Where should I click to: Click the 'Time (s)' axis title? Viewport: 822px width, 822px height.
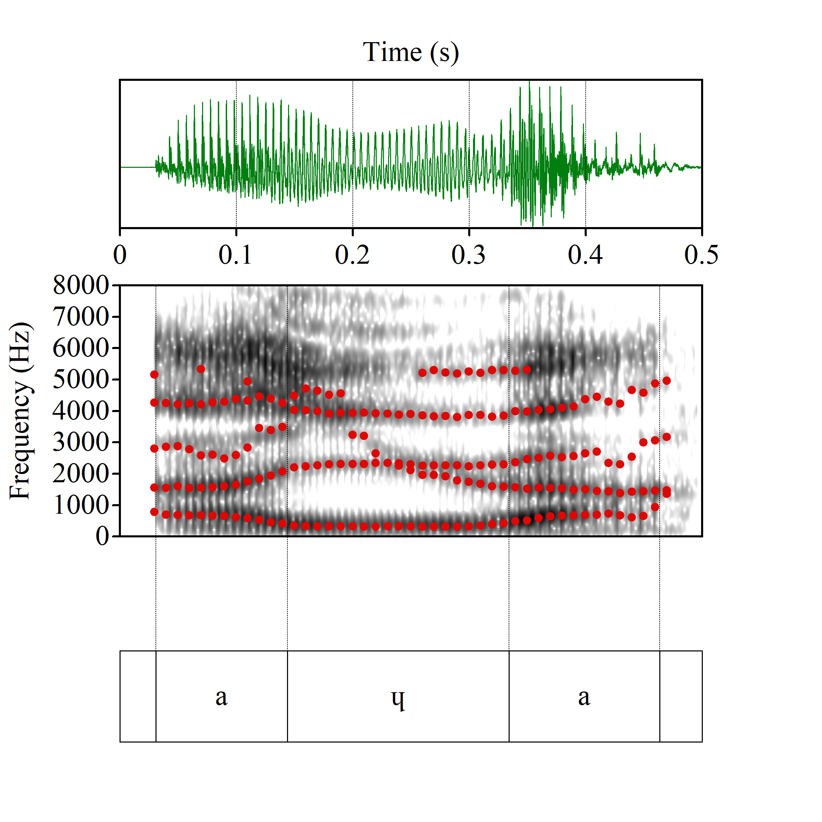[411, 52]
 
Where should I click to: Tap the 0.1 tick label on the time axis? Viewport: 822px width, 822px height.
[235, 255]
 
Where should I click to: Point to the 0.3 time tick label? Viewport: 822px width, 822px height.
[469, 255]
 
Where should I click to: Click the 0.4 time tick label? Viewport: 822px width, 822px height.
[585, 255]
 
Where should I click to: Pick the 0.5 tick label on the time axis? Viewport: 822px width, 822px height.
[701, 255]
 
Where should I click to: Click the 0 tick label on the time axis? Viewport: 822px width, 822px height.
[120, 255]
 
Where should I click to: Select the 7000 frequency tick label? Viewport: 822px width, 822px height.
[81, 316]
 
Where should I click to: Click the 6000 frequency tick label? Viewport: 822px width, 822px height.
[81, 348]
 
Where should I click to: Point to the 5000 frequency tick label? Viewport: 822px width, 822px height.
[81, 379]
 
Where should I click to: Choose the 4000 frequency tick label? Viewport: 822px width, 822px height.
[81, 411]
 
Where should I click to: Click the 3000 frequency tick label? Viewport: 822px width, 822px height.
[81, 442]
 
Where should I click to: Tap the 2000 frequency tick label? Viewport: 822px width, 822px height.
[81, 474]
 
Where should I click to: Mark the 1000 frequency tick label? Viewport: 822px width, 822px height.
[81, 505]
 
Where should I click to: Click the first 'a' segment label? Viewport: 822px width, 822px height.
[221, 697]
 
